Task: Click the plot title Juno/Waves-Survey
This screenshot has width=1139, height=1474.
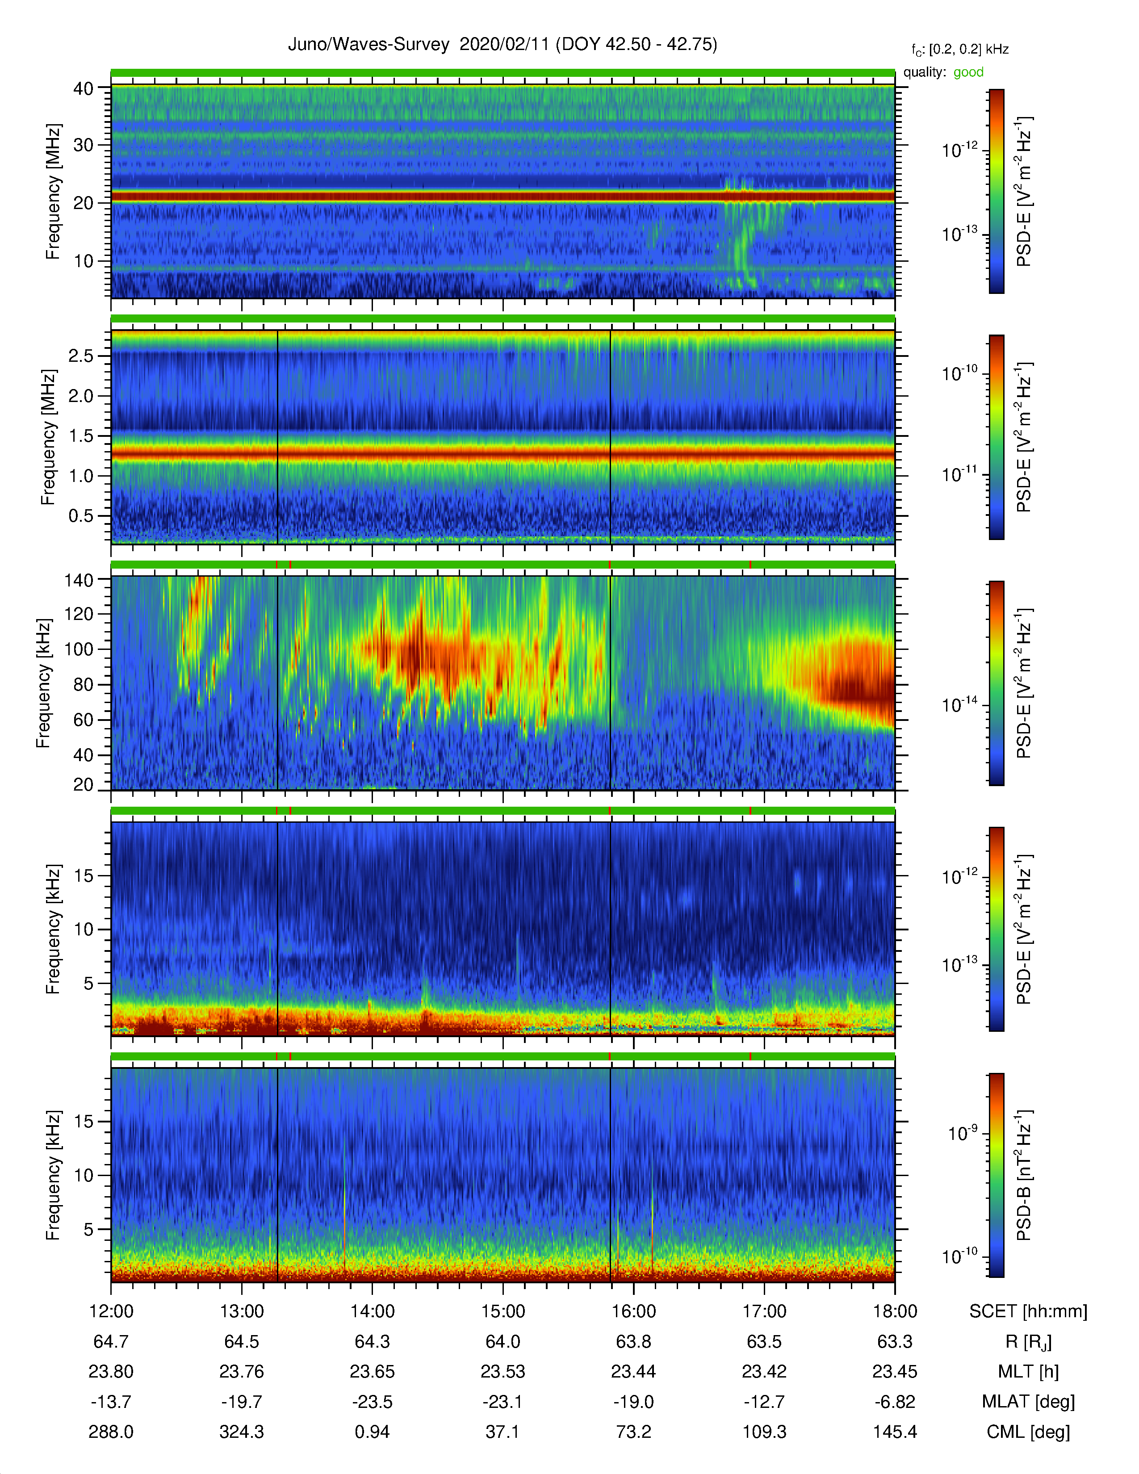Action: click(x=368, y=45)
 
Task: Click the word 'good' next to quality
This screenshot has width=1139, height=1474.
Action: click(x=968, y=72)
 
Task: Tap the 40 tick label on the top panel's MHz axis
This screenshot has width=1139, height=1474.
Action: click(x=84, y=88)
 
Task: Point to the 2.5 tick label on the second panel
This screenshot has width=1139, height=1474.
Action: click(x=80, y=356)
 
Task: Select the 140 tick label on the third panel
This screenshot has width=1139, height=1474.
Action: click(x=78, y=580)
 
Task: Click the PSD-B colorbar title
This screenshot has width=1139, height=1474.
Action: click(x=1024, y=1175)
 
